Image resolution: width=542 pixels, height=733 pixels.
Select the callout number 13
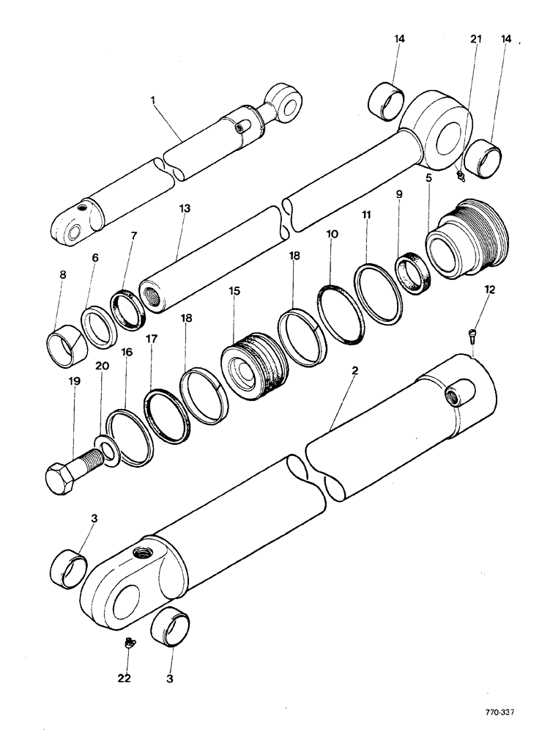click(185, 209)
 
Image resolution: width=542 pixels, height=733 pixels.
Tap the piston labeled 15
click(250, 364)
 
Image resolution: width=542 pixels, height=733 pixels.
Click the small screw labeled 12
click(472, 336)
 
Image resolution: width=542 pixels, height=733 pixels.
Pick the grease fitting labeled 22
click(127, 644)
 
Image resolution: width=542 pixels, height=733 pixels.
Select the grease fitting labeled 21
click(459, 175)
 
